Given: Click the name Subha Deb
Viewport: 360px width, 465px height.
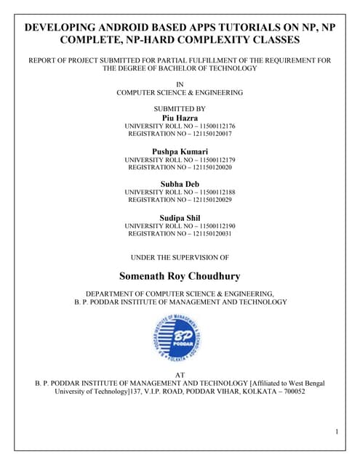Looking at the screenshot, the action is tap(179, 184).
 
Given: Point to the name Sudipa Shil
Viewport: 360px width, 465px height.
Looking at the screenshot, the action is tap(179, 217).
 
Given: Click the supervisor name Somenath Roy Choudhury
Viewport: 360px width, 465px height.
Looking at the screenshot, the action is tap(179, 276).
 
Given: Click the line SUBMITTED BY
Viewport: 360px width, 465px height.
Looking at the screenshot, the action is tap(180, 107).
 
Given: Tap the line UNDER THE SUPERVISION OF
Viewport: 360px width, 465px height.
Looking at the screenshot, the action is tap(180, 257).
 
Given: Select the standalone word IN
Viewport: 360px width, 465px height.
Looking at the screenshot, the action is tap(180, 84).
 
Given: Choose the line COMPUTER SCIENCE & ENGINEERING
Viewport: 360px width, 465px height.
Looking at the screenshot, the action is tap(180, 93).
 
